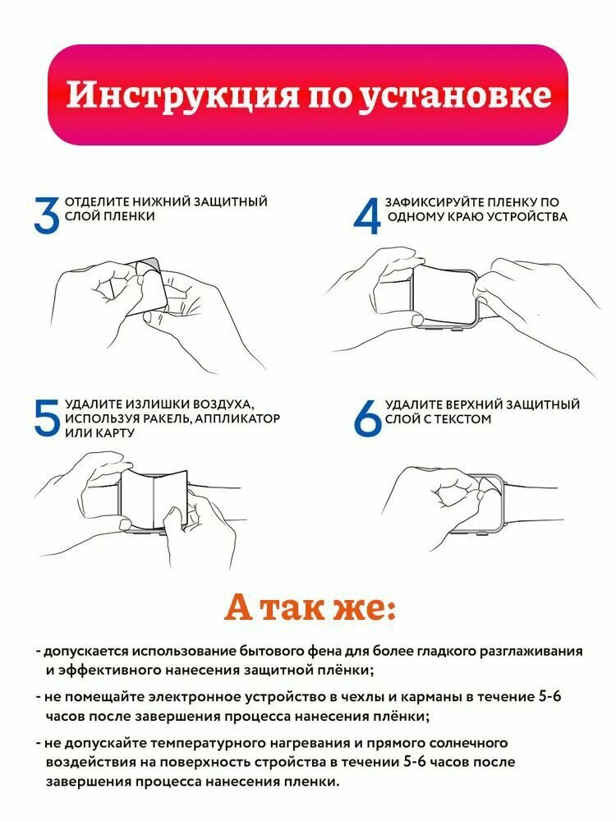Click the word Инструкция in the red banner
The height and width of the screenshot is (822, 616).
182,95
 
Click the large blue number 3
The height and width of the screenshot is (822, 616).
46,215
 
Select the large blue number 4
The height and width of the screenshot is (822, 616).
367,215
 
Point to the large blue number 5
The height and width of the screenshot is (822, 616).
47,418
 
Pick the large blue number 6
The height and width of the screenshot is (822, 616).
367,418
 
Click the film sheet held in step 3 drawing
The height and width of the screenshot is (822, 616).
148,285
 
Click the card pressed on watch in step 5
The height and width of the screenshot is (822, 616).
154,499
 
